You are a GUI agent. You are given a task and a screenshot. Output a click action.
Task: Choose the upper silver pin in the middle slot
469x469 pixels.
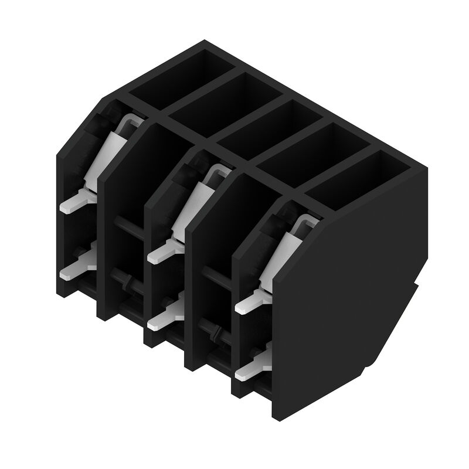coord(161,253)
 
